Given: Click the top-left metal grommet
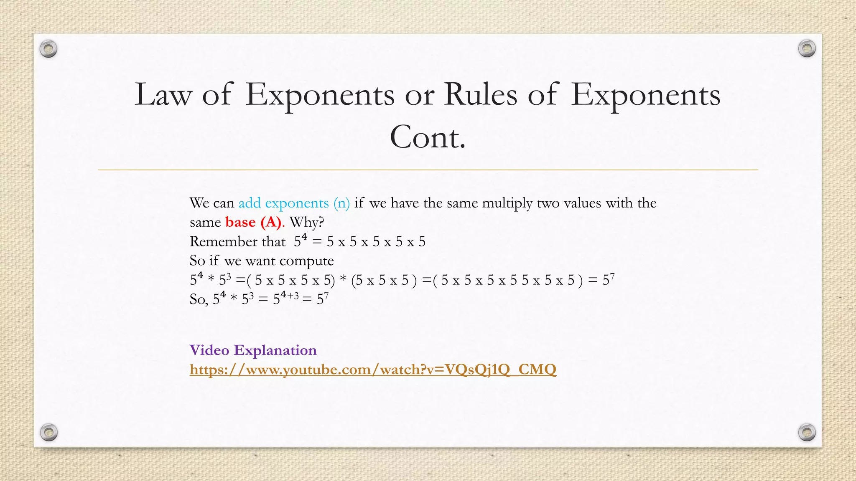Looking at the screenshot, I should point(48,49).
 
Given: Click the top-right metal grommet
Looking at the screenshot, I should point(807,48).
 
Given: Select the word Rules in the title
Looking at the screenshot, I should point(480,95).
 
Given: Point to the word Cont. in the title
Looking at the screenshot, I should point(428,137).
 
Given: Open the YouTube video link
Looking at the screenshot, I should point(373,370).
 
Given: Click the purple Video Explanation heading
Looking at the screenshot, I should point(253,350).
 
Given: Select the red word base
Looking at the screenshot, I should point(240,222).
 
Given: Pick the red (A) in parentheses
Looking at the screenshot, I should point(271,222).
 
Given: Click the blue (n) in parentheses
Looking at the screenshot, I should point(341,203).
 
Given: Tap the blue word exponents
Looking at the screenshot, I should point(297,203).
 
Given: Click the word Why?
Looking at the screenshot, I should point(307,222).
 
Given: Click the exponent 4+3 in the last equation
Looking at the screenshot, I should point(290,296).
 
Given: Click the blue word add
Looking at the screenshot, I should point(250,203).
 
